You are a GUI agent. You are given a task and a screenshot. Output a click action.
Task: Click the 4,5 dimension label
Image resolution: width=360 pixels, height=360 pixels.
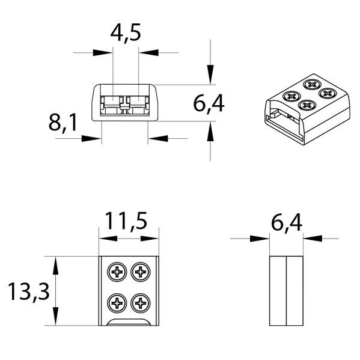(x=126, y=33)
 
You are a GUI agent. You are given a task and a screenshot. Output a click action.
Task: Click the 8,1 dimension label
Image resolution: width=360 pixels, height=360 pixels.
(x=63, y=123)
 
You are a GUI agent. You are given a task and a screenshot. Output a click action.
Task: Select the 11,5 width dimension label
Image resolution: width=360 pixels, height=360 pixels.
(x=126, y=221)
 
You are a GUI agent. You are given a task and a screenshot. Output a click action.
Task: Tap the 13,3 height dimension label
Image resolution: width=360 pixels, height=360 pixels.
(x=29, y=292)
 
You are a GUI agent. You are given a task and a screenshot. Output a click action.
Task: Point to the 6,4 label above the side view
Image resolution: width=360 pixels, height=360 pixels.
(x=287, y=222)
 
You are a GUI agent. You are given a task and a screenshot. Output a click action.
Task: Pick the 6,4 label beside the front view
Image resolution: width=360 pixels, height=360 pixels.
(x=209, y=103)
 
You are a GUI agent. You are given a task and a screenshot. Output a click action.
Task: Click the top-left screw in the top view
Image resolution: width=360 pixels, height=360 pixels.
(x=117, y=272)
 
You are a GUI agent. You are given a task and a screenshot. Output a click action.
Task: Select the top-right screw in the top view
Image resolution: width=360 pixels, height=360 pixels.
(x=141, y=272)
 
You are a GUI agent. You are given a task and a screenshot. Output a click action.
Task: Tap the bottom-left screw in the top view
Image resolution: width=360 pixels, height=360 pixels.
(x=117, y=304)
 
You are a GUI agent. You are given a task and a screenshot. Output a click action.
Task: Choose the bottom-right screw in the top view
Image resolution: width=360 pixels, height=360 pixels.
(x=141, y=304)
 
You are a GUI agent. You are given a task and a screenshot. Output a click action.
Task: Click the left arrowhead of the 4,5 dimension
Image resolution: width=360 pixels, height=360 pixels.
(x=103, y=52)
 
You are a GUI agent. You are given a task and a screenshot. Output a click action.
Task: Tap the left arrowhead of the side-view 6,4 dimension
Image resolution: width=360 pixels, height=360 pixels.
(x=260, y=239)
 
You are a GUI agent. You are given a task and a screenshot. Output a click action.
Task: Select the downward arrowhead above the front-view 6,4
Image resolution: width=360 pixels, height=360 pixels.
(x=210, y=75)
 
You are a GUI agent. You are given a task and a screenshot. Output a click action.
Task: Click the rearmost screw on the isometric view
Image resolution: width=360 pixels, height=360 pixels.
(x=311, y=85)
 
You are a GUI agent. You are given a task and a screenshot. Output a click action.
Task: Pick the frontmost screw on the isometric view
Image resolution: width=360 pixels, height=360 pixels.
(x=307, y=105)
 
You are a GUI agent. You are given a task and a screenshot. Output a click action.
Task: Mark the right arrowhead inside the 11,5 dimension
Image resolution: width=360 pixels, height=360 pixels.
(x=150, y=239)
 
